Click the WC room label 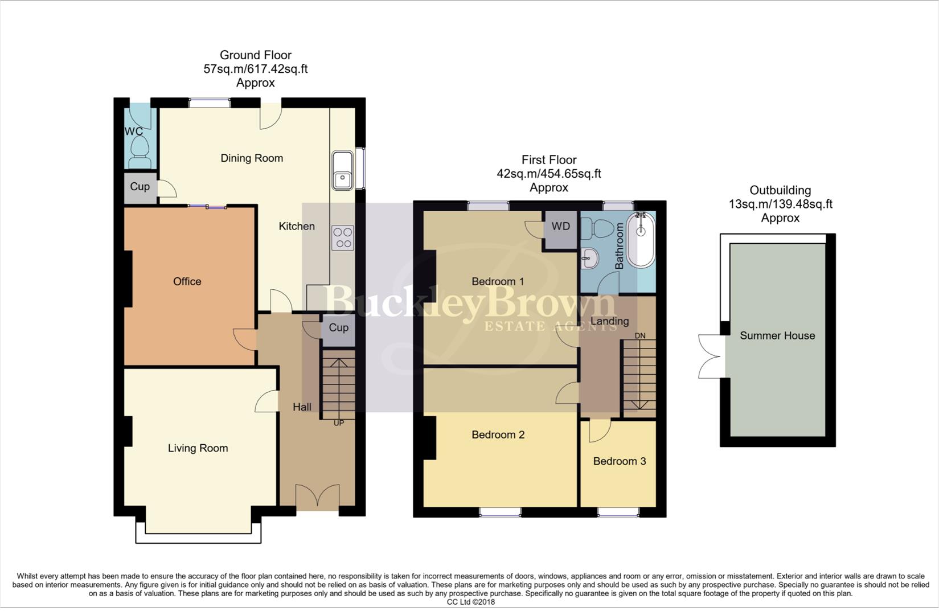click(x=134, y=132)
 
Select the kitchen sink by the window click(x=342, y=170)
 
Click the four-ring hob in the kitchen click(x=343, y=238)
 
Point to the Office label click(x=187, y=281)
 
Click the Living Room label click(x=198, y=448)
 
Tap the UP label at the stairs click(x=339, y=423)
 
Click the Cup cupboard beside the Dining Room click(x=140, y=187)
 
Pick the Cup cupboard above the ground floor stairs click(x=338, y=328)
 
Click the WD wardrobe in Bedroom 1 click(x=560, y=227)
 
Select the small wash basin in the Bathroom click(x=590, y=260)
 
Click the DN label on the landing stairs click(x=640, y=336)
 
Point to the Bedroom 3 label click(x=619, y=461)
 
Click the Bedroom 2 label click(x=498, y=435)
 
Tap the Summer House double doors click(x=710, y=356)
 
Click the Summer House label click(x=777, y=336)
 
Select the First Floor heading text click(x=548, y=160)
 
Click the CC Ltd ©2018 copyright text click(x=470, y=602)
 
